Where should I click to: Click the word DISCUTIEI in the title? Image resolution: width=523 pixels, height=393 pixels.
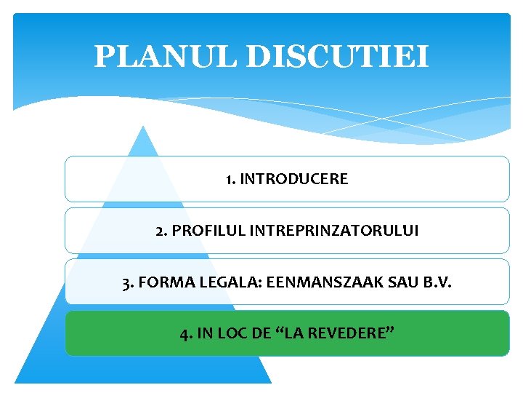(338, 57)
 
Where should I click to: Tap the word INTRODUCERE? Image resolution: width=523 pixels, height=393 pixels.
(295, 179)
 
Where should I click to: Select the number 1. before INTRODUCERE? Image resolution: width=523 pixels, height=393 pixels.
(230, 179)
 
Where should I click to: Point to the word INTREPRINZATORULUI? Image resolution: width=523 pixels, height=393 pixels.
(334, 231)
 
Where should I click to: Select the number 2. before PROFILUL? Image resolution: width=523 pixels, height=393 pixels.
(161, 231)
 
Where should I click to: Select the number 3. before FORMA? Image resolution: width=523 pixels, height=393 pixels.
(128, 282)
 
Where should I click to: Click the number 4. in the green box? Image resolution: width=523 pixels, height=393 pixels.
(186, 334)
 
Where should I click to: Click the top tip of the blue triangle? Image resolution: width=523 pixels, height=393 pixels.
(143, 127)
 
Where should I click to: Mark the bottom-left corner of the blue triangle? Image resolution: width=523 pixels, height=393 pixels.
(17, 382)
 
